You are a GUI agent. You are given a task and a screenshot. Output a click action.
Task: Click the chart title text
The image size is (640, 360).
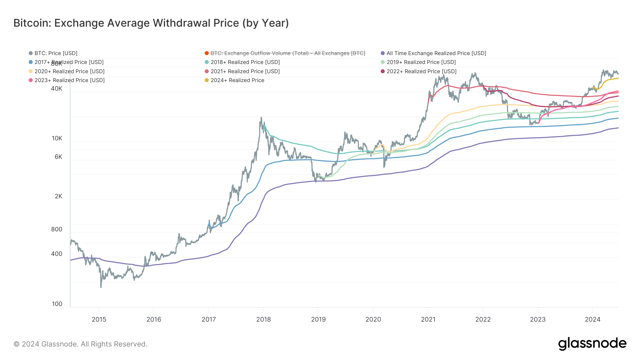tap(151, 23)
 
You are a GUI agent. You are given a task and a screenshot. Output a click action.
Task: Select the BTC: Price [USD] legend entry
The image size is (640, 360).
tap(55, 53)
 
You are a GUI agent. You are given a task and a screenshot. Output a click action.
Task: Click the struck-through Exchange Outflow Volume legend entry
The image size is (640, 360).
tap(287, 53)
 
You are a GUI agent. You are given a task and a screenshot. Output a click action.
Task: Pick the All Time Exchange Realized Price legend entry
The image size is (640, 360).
tap(436, 53)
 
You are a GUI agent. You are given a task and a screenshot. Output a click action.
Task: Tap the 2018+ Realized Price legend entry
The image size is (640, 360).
tap(245, 62)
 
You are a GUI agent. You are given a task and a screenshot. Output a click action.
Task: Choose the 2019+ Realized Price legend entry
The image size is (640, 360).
tap(421, 62)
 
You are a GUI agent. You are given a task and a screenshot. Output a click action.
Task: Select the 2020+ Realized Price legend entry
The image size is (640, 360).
tap(69, 71)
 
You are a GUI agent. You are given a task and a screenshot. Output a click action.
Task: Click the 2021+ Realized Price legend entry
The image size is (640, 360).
tap(245, 71)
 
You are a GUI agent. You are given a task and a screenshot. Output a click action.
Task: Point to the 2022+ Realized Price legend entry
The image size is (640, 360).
tap(421, 71)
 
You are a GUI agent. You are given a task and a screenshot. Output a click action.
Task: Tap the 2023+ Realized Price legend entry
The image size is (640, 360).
tap(69, 80)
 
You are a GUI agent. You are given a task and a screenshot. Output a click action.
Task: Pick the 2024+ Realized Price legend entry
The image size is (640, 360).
tap(237, 80)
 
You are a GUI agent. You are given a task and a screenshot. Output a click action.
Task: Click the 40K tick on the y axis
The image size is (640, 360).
tap(57, 89)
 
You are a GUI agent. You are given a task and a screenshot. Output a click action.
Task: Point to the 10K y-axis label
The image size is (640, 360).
tap(57, 139)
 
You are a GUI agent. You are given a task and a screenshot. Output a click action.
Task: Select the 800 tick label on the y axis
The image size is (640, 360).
tap(57, 230)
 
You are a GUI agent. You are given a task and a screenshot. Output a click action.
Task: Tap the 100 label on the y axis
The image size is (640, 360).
tap(57, 304)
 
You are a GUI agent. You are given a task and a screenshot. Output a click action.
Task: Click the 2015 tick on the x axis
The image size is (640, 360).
tap(99, 319)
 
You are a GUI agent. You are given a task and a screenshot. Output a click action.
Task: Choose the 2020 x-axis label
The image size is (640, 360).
tap(373, 319)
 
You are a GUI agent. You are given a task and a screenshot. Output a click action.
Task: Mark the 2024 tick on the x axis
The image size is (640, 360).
tap(592, 319)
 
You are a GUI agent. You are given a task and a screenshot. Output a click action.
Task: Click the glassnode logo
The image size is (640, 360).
tap(592, 344)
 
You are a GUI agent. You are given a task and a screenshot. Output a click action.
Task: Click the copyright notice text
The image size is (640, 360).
tap(80, 344)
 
